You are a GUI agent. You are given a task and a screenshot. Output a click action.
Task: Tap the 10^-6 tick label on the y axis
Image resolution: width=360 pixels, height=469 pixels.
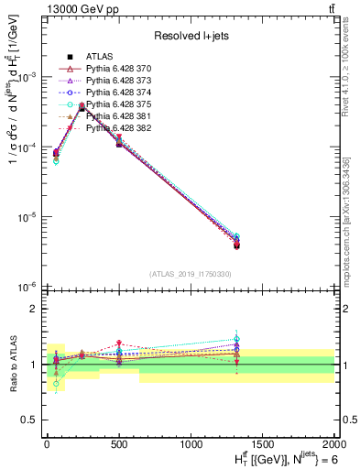[27, 288]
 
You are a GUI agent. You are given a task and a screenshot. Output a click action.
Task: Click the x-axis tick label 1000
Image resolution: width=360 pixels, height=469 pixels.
[191, 442]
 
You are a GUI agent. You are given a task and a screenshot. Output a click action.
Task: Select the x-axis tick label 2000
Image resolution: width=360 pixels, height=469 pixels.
[334, 442]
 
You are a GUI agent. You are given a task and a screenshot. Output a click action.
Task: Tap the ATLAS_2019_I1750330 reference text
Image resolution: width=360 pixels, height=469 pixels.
[189, 273]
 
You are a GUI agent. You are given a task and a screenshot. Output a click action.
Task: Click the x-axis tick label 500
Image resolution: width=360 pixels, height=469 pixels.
[119, 442]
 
